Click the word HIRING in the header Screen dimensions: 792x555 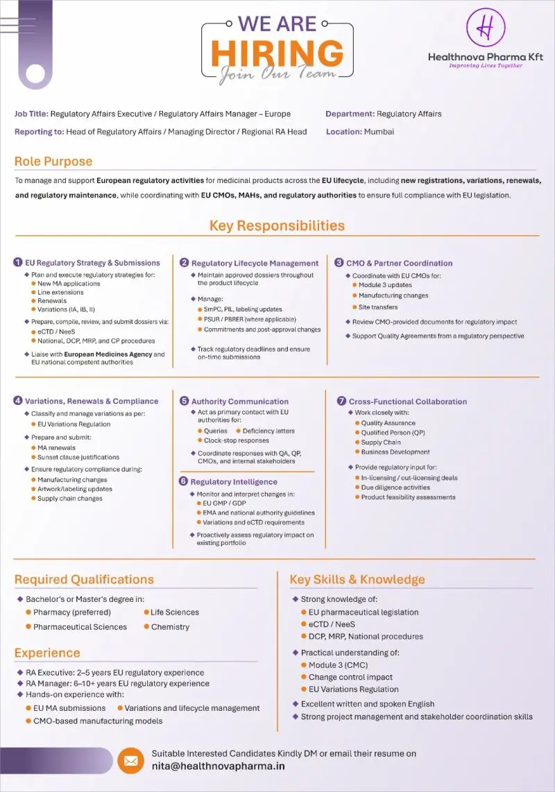277,53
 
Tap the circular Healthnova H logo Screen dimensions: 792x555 486,26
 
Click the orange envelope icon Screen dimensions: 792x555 130,761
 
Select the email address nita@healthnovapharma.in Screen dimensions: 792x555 218,766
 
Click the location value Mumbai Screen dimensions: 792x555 379,132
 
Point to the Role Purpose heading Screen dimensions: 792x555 53,162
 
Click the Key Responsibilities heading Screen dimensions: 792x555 277,225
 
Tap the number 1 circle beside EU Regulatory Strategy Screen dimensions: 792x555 18,262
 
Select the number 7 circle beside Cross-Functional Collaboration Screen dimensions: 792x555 341,401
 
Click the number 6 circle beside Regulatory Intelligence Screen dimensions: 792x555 184,481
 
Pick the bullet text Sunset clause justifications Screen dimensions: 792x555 78,457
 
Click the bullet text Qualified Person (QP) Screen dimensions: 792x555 393,432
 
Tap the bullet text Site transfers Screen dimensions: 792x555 378,307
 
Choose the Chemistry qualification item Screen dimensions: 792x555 170,627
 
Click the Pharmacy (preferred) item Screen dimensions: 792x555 72,612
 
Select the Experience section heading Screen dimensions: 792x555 47,653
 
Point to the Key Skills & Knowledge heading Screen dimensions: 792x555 357,579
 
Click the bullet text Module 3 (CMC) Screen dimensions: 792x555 339,665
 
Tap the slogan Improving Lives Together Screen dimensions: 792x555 486,66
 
